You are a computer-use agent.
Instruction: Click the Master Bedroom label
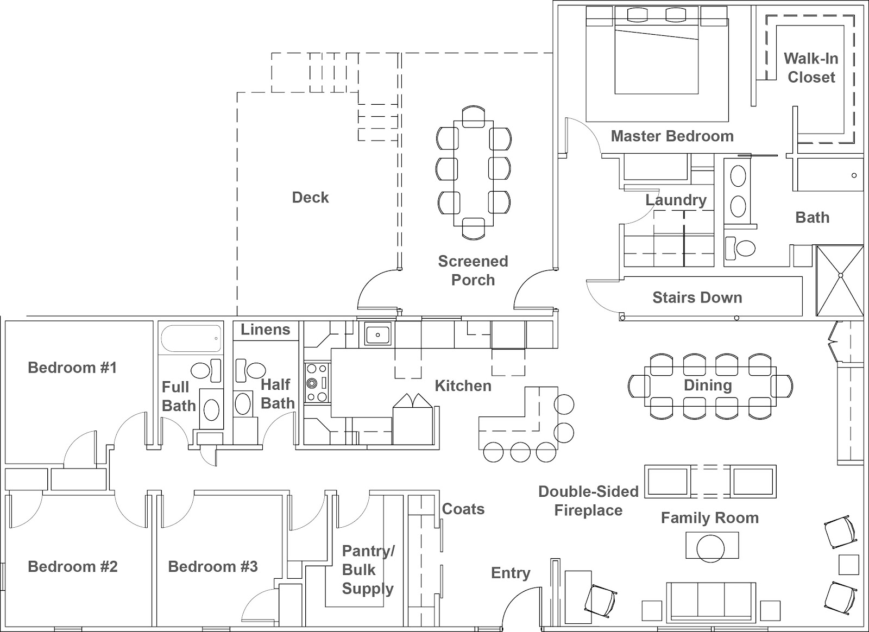(672, 136)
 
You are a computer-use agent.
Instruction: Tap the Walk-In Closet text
(811, 68)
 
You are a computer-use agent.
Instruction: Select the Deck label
(310, 197)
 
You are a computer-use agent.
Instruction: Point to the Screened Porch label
(473, 270)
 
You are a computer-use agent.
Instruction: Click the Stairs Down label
(697, 298)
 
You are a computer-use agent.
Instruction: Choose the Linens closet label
(266, 330)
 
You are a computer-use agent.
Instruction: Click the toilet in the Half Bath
(250, 370)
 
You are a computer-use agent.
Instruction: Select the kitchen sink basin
(377, 334)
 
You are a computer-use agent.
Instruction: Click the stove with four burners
(317, 383)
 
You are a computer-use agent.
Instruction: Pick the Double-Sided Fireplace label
(588, 501)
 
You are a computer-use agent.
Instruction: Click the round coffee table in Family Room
(710, 548)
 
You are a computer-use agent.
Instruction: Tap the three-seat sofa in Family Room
(711, 601)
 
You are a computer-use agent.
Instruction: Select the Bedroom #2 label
(73, 566)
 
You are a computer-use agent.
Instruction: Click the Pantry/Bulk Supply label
(368, 570)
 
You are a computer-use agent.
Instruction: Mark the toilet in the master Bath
(740, 248)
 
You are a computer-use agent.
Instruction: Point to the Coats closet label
(463, 509)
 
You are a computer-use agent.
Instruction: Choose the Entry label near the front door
(511, 573)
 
